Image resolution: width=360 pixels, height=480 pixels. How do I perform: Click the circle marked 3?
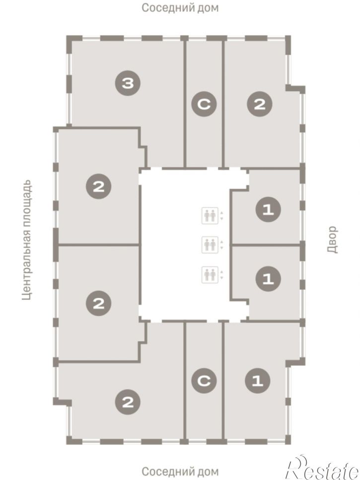[x=128, y=83]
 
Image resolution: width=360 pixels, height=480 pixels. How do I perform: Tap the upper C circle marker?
[x=204, y=104]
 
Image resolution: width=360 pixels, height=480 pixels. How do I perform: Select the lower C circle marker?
[x=204, y=381]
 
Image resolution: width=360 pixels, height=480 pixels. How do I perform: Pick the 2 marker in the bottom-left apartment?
[x=128, y=402]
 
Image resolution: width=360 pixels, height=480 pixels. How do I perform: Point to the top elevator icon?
[x=210, y=216]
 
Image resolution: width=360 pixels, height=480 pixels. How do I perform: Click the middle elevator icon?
[x=210, y=244]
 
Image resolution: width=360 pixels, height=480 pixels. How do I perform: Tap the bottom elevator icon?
[x=210, y=275]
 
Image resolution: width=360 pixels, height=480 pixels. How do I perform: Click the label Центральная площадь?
[x=27, y=240]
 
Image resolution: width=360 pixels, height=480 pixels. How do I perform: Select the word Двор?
[x=332, y=240]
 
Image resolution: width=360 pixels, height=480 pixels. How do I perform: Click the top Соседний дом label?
[x=180, y=7]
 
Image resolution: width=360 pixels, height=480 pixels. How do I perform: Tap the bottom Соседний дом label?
[x=180, y=471]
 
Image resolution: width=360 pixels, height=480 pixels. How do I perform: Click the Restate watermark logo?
[x=321, y=467]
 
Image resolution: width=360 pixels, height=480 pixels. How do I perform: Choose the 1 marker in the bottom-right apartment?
[x=258, y=381]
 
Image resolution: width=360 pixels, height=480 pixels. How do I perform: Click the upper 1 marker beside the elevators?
[x=268, y=210]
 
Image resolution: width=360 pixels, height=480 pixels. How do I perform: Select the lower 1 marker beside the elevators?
[x=268, y=279]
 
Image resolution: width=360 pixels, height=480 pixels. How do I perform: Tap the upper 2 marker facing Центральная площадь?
[x=98, y=186]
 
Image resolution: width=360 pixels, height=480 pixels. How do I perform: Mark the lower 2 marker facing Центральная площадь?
[x=98, y=304]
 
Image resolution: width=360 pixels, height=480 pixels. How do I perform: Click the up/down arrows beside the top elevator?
[x=222, y=216]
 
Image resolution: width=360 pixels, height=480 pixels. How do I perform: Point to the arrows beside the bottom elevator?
[x=222, y=275]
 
